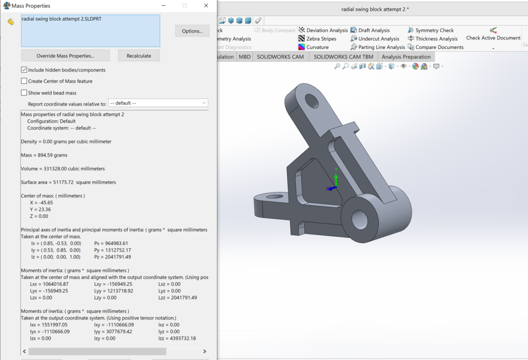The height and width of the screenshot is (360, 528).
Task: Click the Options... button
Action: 192,31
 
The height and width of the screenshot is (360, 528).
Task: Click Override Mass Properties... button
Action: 65,56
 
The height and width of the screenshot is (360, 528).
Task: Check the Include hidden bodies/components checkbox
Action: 24,70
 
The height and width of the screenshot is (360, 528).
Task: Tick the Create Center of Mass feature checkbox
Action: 24,81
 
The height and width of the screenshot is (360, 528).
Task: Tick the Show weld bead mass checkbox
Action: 24,93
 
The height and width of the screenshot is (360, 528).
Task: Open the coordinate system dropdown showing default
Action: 158,103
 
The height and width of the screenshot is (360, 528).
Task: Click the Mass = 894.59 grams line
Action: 44,155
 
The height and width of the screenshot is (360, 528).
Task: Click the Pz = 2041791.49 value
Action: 112,257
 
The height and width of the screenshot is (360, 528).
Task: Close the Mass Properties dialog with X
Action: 206,6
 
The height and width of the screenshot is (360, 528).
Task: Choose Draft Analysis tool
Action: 373,30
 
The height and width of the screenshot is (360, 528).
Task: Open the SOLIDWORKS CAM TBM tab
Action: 343,57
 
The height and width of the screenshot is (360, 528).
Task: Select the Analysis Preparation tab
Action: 406,57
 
